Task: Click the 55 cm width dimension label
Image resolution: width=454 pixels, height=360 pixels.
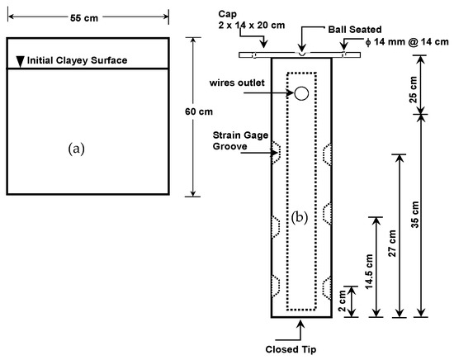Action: (84, 18)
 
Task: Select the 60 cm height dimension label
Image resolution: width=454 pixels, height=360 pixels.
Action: (199, 111)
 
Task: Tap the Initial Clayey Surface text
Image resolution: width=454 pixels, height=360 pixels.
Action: (77, 60)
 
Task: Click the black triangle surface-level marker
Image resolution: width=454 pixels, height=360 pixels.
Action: (20, 61)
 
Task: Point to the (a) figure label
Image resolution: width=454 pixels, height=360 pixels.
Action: (77, 149)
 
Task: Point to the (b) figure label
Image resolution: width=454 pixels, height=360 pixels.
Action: (299, 217)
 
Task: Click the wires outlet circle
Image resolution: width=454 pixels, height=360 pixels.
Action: (301, 93)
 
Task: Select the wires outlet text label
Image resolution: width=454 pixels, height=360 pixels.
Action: (237, 83)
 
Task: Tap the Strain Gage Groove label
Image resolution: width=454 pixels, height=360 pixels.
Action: (240, 140)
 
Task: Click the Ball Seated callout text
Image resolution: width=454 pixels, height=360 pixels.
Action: (355, 30)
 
